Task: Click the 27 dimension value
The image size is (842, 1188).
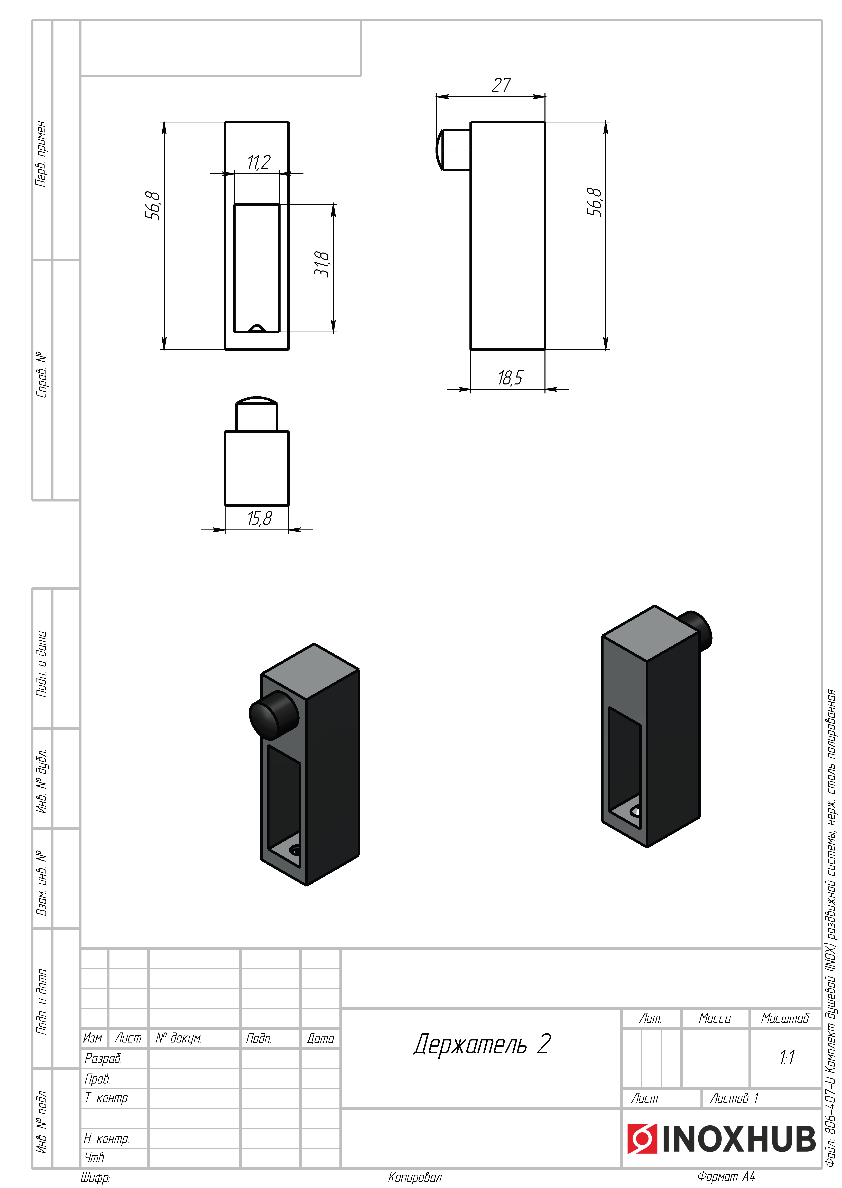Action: pos(501,85)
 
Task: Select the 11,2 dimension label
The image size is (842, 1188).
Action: pos(259,162)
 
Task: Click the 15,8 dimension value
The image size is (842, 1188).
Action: pos(259,518)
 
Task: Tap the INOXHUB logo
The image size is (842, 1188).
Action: pos(722,1139)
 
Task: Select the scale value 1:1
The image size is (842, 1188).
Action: pos(787,1057)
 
